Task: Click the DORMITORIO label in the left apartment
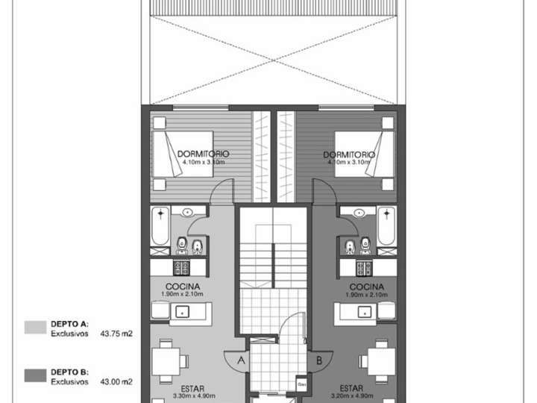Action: click(204, 154)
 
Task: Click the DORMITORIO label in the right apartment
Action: click(348, 154)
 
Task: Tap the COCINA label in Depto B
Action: click(365, 287)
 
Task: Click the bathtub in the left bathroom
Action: click(160, 227)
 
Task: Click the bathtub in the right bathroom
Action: click(386, 227)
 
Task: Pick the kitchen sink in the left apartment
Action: click(181, 313)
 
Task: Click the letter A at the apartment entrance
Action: click(241, 360)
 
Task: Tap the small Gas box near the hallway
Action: click(302, 384)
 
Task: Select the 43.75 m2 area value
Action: click(117, 334)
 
